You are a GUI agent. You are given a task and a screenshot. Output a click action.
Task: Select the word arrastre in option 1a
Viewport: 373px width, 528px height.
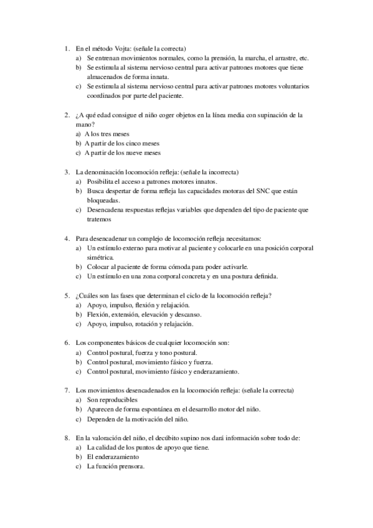coord(286,57)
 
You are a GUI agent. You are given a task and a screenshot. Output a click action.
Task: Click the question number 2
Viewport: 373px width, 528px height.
coord(67,115)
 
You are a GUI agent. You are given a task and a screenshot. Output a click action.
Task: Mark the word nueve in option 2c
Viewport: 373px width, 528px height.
coord(135,152)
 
